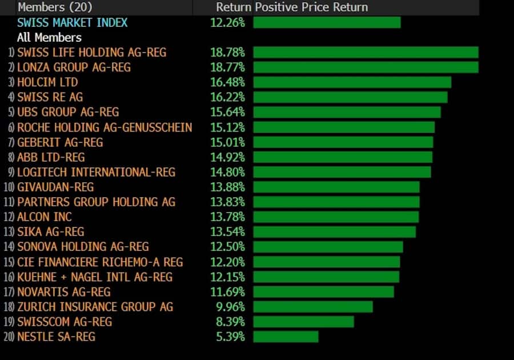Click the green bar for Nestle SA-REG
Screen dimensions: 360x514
(x=286, y=337)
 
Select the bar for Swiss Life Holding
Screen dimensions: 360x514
(x=366, y=53)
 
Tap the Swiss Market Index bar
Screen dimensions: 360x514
(x=327, y=22)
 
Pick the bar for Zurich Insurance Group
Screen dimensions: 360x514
(x=313, y=307)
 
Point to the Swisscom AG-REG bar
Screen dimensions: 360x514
(x=303, y=322)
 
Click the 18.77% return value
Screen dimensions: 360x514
(x=227, y=67)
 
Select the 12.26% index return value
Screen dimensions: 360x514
(x=227, y=22)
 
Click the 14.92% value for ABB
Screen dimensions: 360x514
(x=227, y=157)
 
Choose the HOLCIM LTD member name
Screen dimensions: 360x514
(x=47, y=82)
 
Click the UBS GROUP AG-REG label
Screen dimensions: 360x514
(x=68, y=112)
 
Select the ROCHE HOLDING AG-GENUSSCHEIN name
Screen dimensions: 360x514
(x=105, y=127)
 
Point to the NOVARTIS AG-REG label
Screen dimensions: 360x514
(x=63, y=292)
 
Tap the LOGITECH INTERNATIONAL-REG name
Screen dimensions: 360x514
(x=96, y=172)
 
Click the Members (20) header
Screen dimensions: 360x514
(x=55, y=7)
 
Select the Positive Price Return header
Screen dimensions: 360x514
(x=311, y=7)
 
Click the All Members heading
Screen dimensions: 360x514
(x=49, y=38)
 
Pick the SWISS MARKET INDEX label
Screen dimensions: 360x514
(x=73, y=22)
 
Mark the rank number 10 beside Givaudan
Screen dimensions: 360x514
(x=9, y=187)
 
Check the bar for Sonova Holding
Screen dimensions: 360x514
(x=328, y=247)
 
